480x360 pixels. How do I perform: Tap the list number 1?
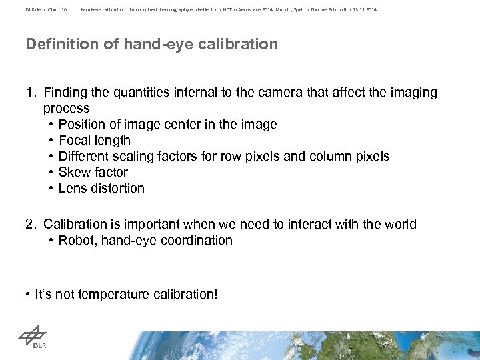29,93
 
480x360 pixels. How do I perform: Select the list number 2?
30,224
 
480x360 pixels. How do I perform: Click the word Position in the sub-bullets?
81,125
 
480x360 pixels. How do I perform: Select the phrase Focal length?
95,141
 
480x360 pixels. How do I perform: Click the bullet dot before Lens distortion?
51,188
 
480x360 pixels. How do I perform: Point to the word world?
399,224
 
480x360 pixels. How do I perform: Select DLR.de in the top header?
33,10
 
